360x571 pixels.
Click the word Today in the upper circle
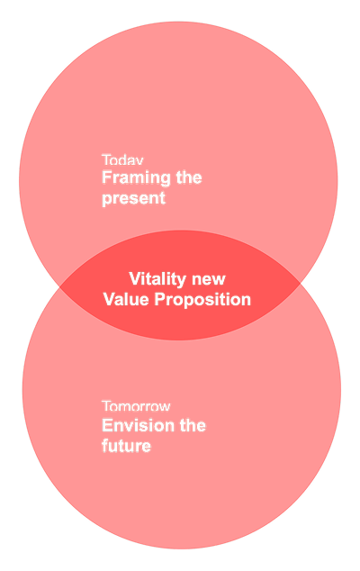122,160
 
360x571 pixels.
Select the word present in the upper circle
133,198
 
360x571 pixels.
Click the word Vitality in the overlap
158,278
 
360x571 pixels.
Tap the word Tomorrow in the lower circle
136,407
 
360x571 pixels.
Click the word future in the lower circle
126,445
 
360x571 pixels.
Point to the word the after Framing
189,178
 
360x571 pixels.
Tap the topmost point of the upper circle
178,22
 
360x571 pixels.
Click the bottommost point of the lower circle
181,548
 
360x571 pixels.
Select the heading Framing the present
151,187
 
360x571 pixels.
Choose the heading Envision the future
153,435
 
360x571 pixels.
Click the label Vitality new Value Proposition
177,289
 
